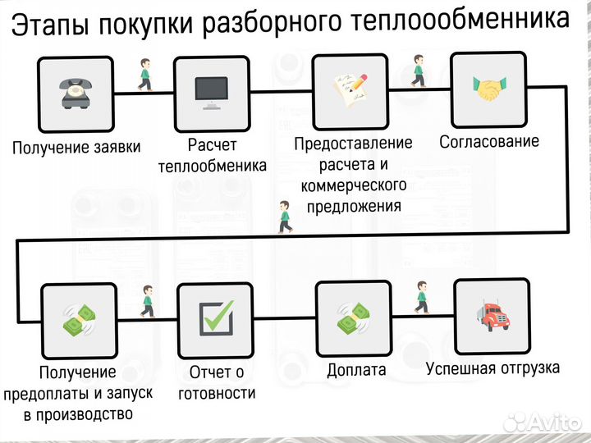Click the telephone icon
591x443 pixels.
coord(76,94)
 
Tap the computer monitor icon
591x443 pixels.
coord(212,94)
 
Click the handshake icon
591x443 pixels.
coord(491,89)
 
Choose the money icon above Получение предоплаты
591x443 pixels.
coord(79,319)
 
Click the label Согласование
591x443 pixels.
coord(489,141)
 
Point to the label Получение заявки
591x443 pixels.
coord(76,148)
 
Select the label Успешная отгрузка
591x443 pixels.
coord(492,367)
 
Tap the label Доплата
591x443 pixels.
coord(356,370)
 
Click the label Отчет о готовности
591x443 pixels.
coord(217,382)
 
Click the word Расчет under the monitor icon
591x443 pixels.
coord(212,145)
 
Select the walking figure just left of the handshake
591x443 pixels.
coord(419,71)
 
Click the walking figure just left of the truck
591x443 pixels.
coord(421,297)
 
